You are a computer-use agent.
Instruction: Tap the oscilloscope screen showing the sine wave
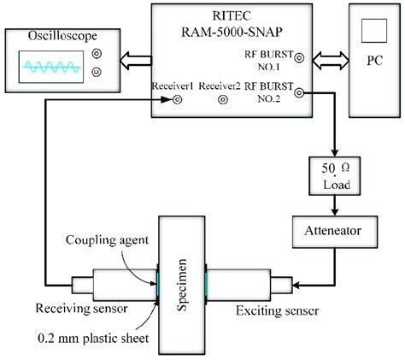tap(50, 65)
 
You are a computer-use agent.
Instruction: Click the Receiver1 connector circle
tap(177, 99)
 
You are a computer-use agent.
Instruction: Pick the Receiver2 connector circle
tap(223, 99)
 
